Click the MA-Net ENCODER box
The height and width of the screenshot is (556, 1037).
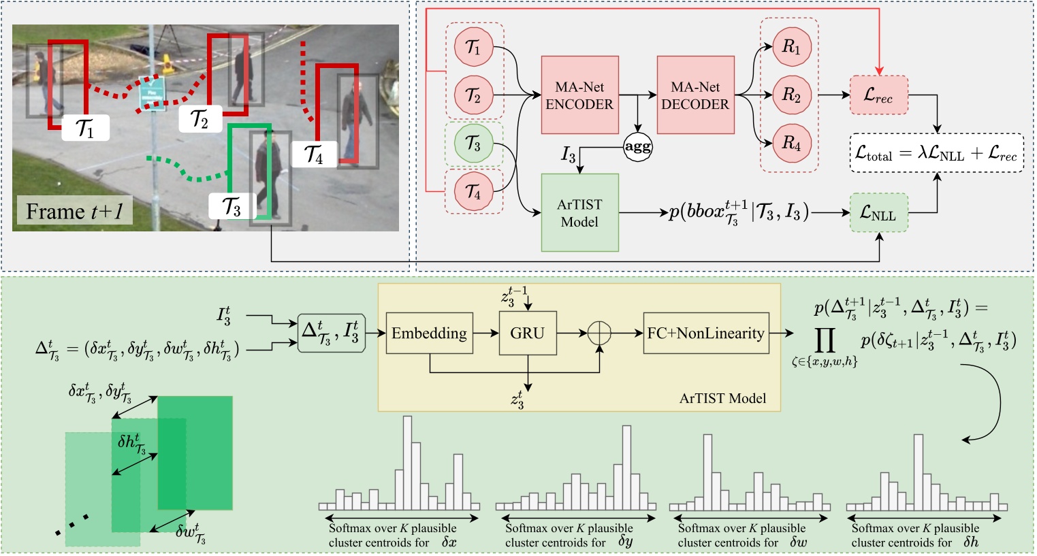579,95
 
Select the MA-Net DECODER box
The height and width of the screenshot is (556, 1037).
695,95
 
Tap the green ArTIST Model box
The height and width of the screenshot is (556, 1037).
579,212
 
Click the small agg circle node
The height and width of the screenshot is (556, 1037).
637,146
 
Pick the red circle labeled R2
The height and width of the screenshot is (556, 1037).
791,95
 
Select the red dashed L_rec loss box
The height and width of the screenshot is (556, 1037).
878,95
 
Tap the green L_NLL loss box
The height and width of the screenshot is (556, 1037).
878,214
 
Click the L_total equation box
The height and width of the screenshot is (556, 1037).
936,153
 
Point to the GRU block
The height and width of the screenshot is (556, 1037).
528,333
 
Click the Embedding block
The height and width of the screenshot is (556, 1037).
429,333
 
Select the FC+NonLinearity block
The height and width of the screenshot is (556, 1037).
705,333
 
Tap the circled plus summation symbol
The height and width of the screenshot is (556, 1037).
599,333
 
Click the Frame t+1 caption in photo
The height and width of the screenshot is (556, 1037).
74,212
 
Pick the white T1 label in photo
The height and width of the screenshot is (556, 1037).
85,127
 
